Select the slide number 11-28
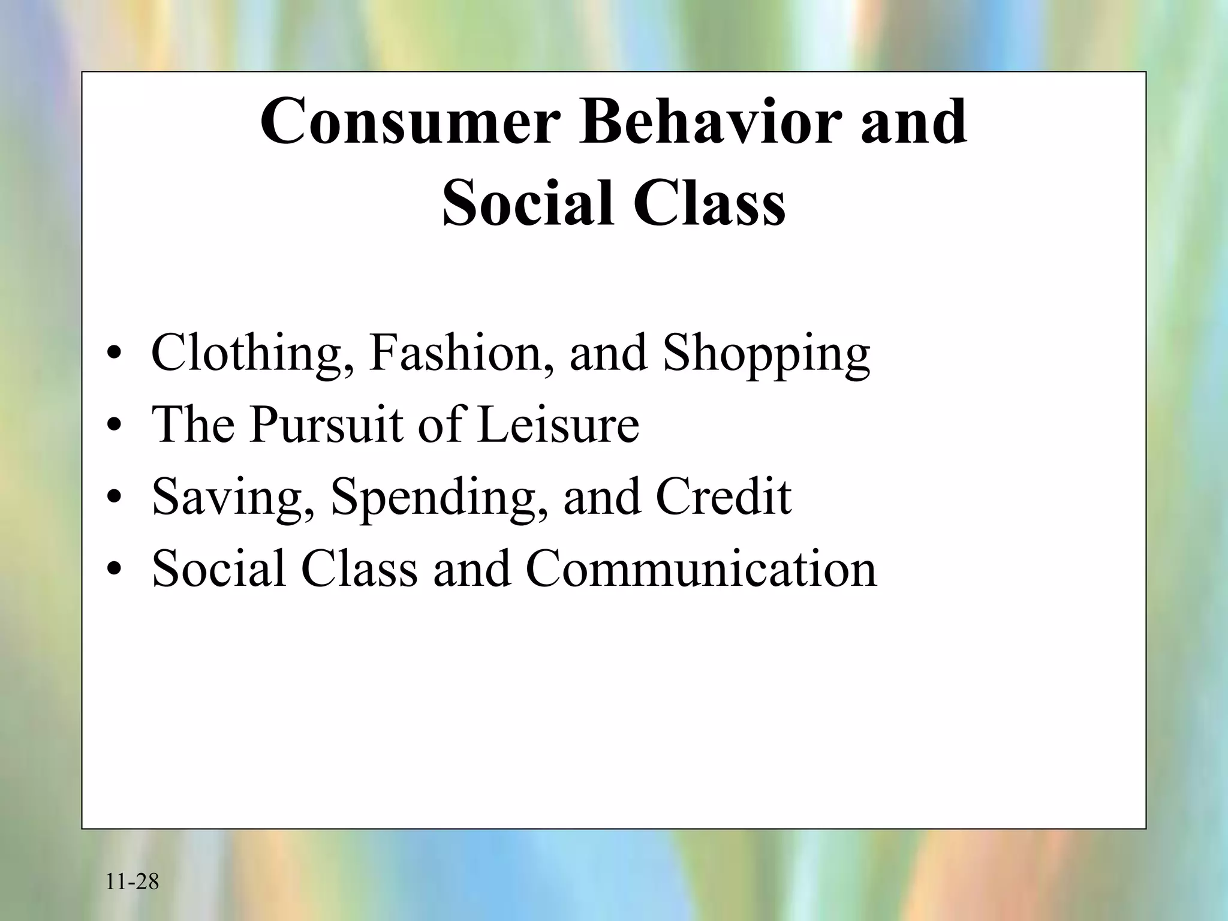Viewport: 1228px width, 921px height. pos(133,882)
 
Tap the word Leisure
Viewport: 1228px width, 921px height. pos(558,425)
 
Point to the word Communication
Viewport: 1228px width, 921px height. pos(701,568)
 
